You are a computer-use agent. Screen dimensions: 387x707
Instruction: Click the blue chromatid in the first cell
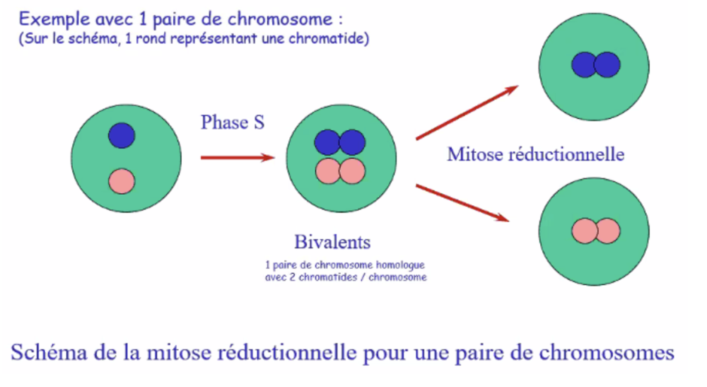[122, 135]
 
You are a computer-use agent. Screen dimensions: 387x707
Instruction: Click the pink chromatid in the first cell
[122, 180]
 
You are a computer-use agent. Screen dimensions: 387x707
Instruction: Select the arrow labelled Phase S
[236, 157]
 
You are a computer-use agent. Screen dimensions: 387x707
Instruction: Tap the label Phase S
[233, 122]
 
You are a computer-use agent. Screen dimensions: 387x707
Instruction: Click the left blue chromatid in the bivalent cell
[327, 142]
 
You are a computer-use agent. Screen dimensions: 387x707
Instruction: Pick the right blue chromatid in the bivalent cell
[352, 142]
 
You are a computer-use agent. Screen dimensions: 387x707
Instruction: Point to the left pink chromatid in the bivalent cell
[327, 171]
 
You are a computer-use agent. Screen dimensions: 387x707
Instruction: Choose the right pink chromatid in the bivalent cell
[352, 171]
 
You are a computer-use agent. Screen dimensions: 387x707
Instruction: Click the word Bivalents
[333, 243]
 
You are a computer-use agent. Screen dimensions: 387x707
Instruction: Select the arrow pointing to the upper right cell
[467, 112]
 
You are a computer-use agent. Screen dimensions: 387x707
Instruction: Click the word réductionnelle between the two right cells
[566, 154]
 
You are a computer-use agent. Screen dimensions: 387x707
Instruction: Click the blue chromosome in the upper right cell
[595, 65]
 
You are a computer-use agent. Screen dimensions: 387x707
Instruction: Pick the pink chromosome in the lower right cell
[595, 231]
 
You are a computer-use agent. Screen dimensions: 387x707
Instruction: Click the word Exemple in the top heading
[50, 18]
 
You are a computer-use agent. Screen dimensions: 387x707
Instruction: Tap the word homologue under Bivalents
[401, 265]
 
